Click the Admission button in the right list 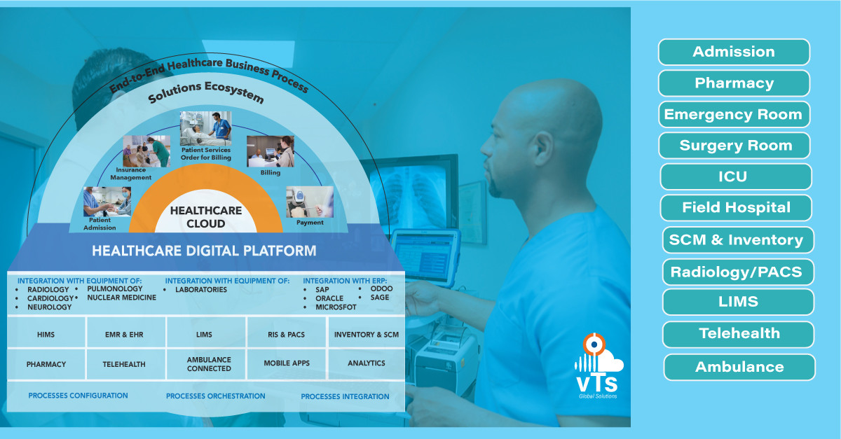pyautogui.click(x=734, y=52)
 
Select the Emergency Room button pyautogui.click(x=734, y=114)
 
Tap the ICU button pyautogui.click(x=735, y=176)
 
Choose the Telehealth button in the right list pyautogui.click(x=739, y=334)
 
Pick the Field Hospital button pyautogui.click(x=736, y=208)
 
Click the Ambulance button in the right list pyautogui.click(x=739, y=367)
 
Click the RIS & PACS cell pyautogui.click(x=287, y=335)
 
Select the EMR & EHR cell pyautogui.click(x=125, y=335)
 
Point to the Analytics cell pyautogui.click(x=367, y=364)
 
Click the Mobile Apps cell pyautogui.click(x=287, y=364)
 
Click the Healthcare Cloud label pyautogui.click(x=206, y=217)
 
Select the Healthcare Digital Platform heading pyautogui.click(x=204, y=251)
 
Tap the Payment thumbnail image pyautogui.click(x=309, y=202)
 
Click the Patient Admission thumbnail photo pyautogui.click(x=107, y=202)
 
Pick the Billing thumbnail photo pyautogui.click(x=270, y=151)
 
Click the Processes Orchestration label pyautogui.click(x=215, y=396)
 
